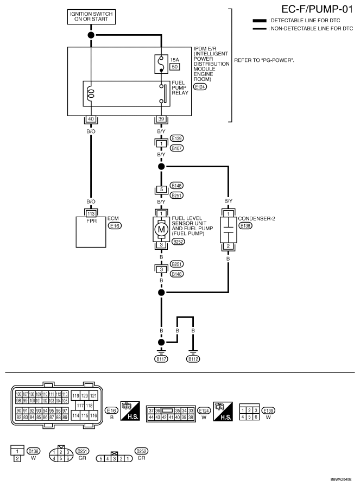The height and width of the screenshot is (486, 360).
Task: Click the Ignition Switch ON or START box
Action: (x=91, y=16)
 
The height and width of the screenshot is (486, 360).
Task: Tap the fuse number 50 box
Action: (x=175, y=67)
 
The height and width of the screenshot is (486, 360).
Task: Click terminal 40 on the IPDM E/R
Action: (x=91, y=119)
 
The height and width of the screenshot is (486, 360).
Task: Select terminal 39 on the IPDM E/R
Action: (x=161, y=119)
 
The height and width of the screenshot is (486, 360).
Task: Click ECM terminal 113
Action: (x=91, y=213)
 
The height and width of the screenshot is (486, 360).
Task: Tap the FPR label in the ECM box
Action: (x=91, y=222)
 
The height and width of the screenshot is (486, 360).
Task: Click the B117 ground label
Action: (x=161, y=359)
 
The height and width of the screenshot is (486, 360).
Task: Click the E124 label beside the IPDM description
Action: (x=200, y=87)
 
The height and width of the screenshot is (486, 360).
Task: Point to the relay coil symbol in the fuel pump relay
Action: (x=91, y=93)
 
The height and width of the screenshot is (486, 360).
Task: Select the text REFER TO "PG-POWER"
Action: (x=264, y=60)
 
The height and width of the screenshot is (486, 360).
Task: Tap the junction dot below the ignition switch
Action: (x=91, y=35)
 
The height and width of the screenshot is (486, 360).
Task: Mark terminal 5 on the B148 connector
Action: (x=161, y=190)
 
